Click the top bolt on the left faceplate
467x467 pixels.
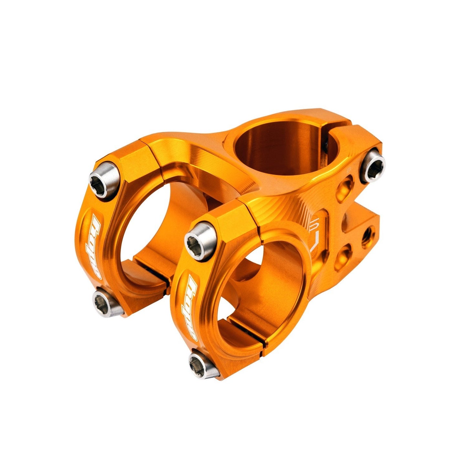104,179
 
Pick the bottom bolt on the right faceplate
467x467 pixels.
202,364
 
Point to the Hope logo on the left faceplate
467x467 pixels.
94,246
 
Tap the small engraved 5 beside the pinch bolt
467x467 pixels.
348,169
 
